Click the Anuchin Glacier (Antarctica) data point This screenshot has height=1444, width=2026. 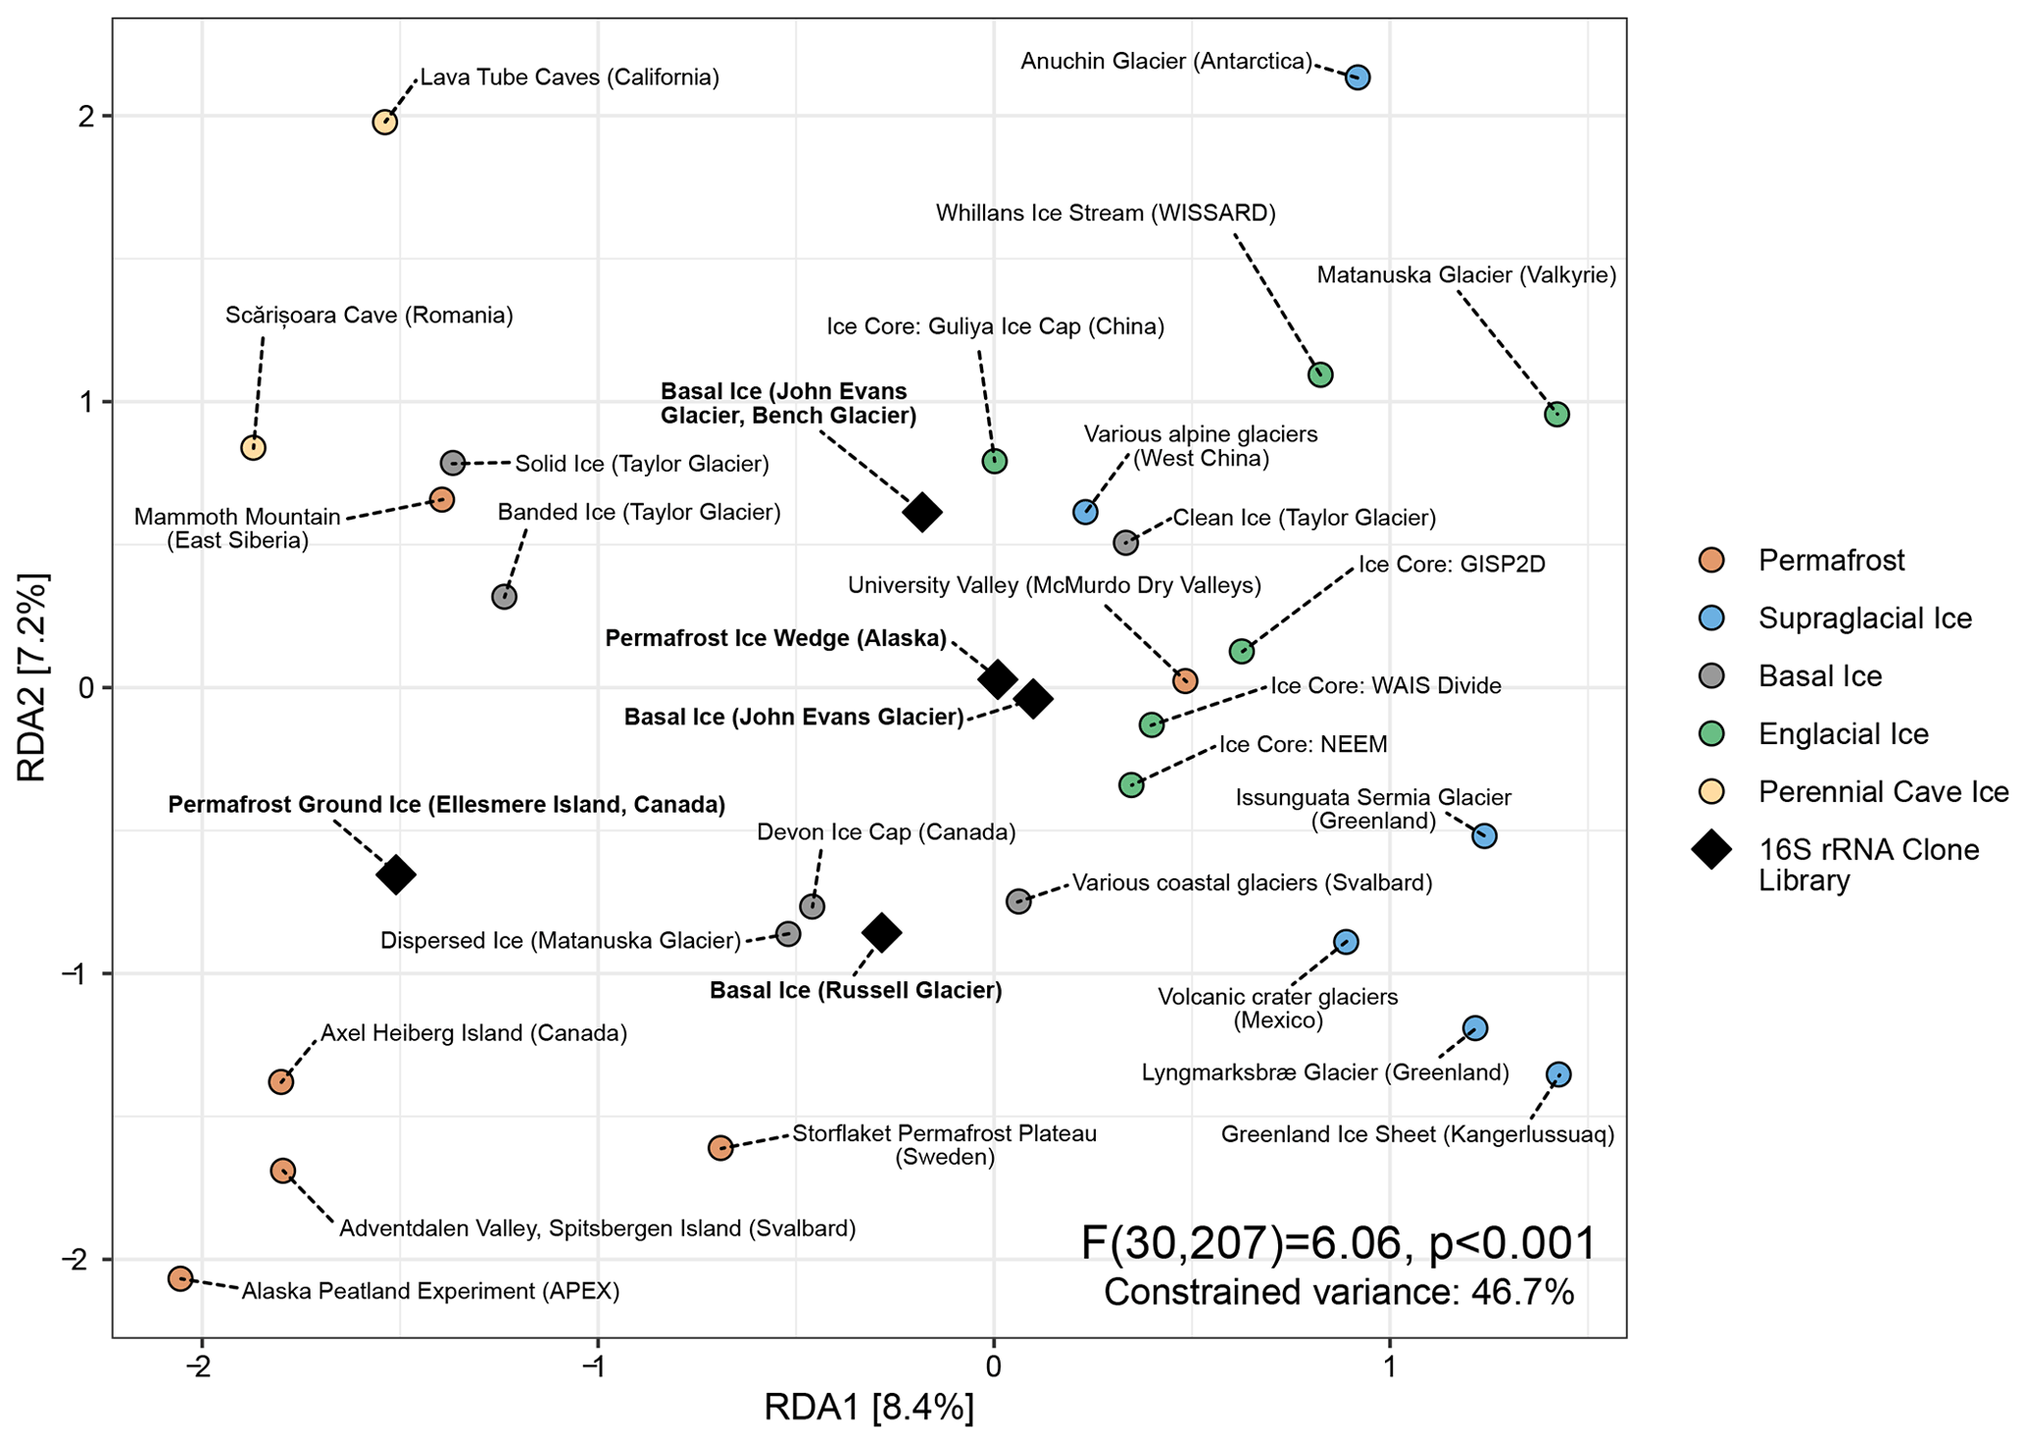click(x=1357, y=77)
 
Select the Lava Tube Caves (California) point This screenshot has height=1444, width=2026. click(x=384, y=123)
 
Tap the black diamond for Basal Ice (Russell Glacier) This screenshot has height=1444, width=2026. click(x=881, y=932)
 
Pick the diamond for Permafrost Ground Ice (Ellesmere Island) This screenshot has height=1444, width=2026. click(x=396, y=874)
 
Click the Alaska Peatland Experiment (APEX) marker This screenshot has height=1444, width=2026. click(x=180, y=1278)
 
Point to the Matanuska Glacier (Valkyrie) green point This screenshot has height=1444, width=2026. click(x=1557, y=415)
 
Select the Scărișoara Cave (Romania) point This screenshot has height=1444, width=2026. click(x=253, y=448)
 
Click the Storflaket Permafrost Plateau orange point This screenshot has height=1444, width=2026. click(x=720, y=1148)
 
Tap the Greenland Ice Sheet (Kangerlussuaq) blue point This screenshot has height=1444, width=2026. click(x=1558, y=1075)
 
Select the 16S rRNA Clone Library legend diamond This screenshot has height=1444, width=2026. click(x=1712, y=850)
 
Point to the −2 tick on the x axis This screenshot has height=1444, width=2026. click(x=201, y=1369)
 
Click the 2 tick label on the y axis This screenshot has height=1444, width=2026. click(x=86, y=117)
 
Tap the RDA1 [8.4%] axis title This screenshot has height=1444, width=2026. click(x=869, y=1408)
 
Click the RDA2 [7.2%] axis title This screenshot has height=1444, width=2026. click(x=32, y=678)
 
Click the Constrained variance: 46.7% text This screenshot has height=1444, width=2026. click(x=1339, y=1292)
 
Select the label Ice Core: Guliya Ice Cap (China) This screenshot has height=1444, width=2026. click(x=995, y=326)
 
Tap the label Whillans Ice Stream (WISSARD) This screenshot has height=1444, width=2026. click(x=1106, y=213)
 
